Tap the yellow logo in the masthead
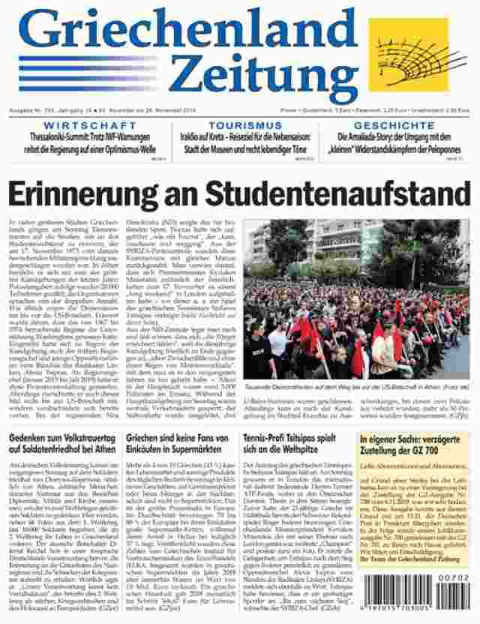(418, 55)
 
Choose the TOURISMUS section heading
(245, 125)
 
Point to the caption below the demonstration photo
(356, 385)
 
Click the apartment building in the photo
(337, 244)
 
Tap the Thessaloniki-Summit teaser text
(86, 142)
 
